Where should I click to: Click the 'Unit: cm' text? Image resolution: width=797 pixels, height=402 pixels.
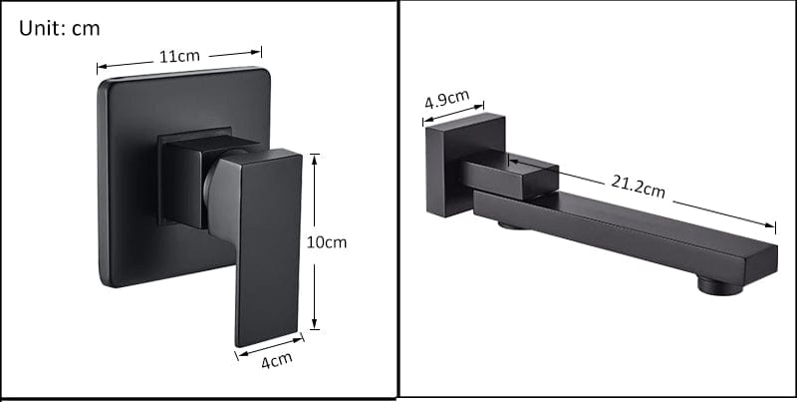pyautogui.click(x=60, y=28)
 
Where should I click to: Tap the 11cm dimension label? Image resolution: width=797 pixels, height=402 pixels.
pyautogui.click(x=179, y=57)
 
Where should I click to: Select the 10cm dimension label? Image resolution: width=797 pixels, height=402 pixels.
pyautogui.click(x=327, y=241)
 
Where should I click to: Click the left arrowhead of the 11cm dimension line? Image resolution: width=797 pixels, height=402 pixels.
pyautogui.click(x=100, y=68)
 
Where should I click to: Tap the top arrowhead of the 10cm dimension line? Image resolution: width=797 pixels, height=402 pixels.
pyautogui.click(x=315, y=157)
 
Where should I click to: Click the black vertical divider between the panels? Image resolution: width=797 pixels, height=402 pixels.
pyautogui.click(x=398, y=200)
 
